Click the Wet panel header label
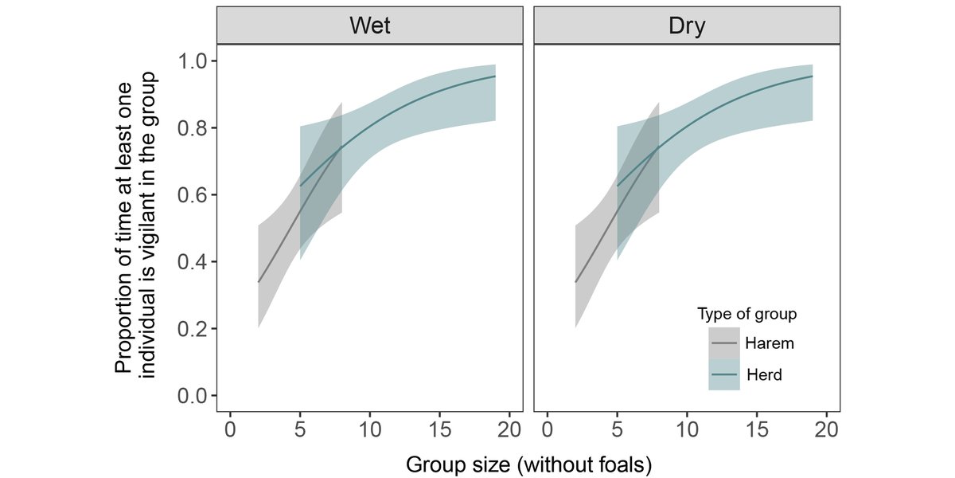tap(369, 25)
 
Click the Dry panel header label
tap(686, 25)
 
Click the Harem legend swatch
tap(724, 343)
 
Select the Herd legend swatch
tap(724, 374)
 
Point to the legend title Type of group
tap(746, 314)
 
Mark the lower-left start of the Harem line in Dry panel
tap(575, 282)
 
